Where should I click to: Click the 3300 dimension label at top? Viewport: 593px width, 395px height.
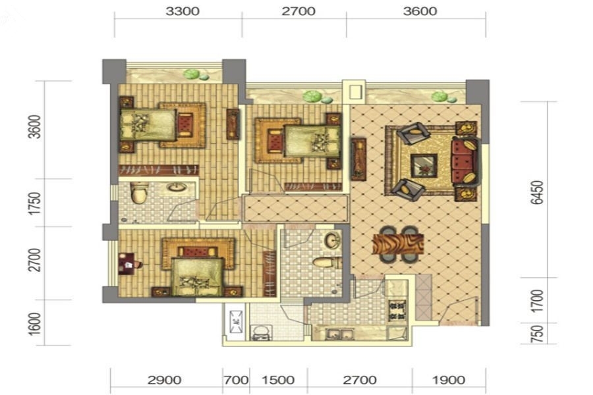pos(183,11)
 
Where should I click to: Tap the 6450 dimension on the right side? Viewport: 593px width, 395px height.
pos(537,192)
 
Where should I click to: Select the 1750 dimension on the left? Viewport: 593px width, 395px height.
pos(35,203)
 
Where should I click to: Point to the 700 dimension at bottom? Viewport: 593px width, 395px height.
pos(236,380)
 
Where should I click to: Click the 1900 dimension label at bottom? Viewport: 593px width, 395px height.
pos(449,380)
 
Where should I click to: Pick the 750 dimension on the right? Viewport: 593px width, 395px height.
pos(537,333)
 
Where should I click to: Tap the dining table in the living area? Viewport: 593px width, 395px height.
pos(398,244)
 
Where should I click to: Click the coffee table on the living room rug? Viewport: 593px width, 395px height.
pos(424,165)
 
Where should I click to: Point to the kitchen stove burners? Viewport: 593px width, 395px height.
pos(397,311)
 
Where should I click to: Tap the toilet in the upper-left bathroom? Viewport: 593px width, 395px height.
pos(139,193)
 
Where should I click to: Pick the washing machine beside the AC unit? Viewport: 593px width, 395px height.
pos(261,332)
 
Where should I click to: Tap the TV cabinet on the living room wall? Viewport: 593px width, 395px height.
pos(358,159)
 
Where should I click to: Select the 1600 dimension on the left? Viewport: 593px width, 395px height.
pos(35,323)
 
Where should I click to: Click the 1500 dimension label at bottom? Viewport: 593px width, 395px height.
pos(278,380)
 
